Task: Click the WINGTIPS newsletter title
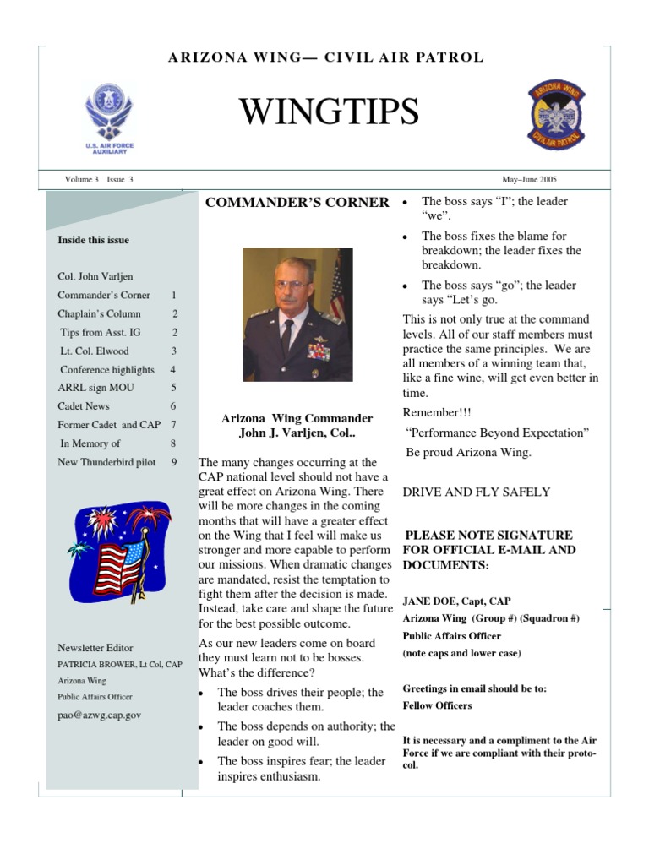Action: (x=329, y=112)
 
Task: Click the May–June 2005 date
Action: (x=529, y=180)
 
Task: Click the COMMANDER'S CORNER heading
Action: (x=297, y=203)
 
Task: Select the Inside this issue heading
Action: (x=93, y=240)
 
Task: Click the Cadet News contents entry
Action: (x=83, y=406)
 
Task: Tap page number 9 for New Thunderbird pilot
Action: (x=174, y=462)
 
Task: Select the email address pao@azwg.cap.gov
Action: (x=99, y=715)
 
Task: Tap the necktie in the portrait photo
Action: (x=287, y=338)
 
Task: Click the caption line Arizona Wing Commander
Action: (x=297, y=418)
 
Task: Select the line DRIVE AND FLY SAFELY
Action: (x=477, y=492)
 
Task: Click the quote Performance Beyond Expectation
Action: (x=497, y=432)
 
